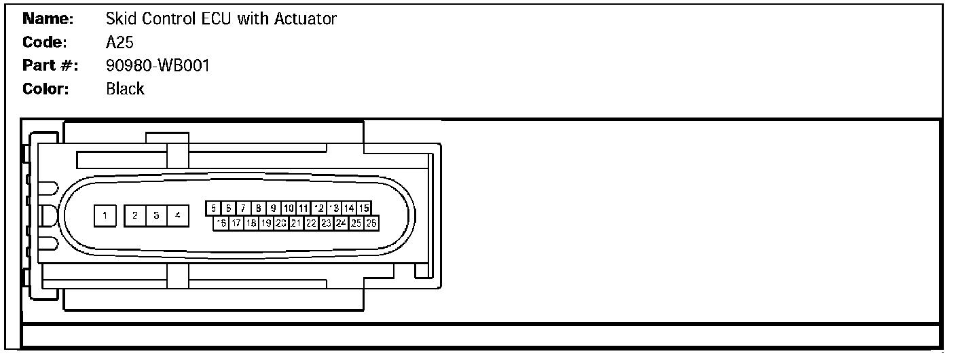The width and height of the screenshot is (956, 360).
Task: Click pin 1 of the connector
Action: [x=105, y=215]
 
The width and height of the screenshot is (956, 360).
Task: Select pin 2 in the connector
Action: [x=136, y=215]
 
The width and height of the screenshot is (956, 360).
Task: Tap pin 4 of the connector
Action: [x=177, y=215]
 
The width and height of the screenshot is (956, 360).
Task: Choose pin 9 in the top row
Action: [x=273, y=208]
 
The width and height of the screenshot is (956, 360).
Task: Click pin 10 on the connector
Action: [x=289, y=208]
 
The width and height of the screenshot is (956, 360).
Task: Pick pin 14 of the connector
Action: [x=349, y=208]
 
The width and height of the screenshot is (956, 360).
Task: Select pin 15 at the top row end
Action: [x=364, y=208]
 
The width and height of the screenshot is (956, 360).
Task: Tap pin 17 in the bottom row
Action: [x=236, y=223]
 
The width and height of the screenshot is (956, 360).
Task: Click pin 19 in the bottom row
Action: [x=266, y=223]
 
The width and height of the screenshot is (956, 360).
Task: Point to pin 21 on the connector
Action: [x=296, y=223]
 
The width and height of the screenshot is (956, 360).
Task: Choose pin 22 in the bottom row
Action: [x=311, y=223]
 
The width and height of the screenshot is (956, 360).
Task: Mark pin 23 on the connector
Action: [x=326, y=223]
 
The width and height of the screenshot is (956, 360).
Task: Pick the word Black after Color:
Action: [x=125, y=89]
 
